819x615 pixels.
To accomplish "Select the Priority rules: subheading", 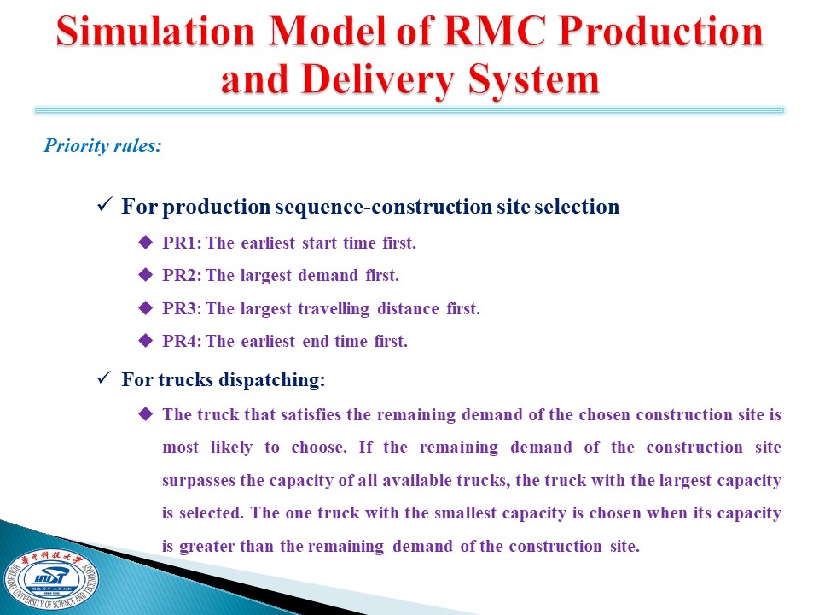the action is (102, 145).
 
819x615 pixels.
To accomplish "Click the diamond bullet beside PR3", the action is (146, 308).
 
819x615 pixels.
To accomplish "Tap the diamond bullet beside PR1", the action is (146, 242).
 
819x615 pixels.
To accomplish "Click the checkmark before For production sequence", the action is (104, 204).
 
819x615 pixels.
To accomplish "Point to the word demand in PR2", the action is (328, 275).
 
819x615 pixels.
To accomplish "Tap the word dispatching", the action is (272, 380).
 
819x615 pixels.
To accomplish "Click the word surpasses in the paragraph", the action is (199, 481).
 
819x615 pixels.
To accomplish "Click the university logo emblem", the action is (50, 578).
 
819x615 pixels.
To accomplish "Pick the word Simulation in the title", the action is (155, 32).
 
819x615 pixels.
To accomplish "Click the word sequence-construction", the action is (383, 207).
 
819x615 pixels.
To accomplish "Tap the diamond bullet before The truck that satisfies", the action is (146, 414).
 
